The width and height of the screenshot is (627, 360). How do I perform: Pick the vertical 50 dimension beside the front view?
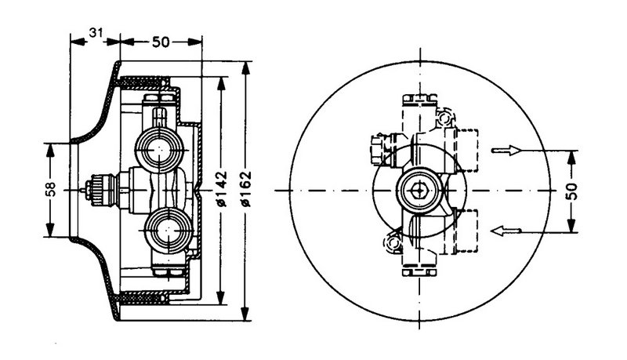coord(574,190)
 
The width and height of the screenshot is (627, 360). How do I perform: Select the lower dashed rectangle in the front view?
coord(464,231)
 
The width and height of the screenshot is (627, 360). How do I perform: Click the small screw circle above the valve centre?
coord(446,119)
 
